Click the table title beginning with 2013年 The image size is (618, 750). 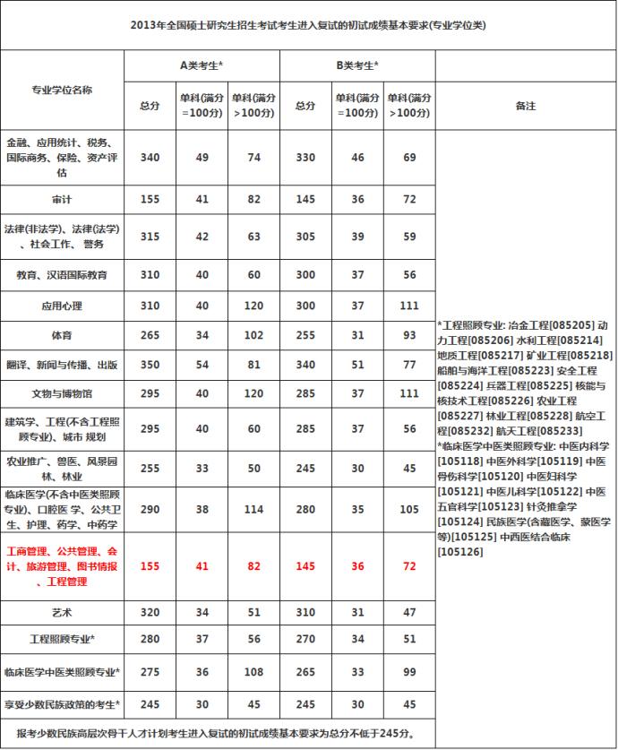[x=308, y=25]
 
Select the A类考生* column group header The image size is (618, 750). [x=202, y=65]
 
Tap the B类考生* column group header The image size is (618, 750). [x=357, y=65]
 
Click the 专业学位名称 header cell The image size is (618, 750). [x=62, y=90]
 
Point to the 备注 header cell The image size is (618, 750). [x=526, y=106]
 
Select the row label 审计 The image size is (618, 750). [x=62, y=199]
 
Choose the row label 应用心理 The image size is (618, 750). [x=62, y=306]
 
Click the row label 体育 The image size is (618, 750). [x=62, y=335]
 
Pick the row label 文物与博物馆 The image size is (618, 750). [x=62, y=393]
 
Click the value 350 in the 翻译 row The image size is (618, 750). [x=150, y=365]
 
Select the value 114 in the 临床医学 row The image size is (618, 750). [x=253, y=509]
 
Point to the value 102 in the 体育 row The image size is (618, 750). [x=253, y=335]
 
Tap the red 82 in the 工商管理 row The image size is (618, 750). [x=253, y=566]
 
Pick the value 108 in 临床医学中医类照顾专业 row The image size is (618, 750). [x=253, y=671]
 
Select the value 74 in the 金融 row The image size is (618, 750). [x=253, y=157]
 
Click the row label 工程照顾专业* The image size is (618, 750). [x=62, y=640]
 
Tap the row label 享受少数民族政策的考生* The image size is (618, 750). [x=62, y=703]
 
